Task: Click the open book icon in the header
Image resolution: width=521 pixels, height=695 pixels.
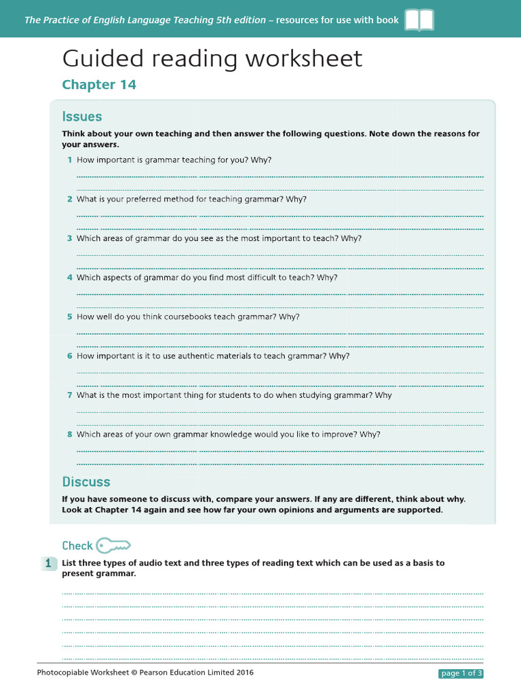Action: [419, 20]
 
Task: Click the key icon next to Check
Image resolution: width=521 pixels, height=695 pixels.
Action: [113, 545]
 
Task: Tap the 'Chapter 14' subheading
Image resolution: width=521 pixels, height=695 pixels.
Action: [99, 84]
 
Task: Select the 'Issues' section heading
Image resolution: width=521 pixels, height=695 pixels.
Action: [82, 116]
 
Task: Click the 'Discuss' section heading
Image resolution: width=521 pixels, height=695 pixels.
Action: [86, 482]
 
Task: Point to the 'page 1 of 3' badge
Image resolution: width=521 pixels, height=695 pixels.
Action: [461, 673]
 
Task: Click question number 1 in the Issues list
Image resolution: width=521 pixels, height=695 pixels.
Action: [69, 160]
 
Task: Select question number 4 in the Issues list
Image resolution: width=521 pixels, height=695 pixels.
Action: [69, 278]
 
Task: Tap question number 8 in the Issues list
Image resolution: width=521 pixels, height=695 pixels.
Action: [69, 434]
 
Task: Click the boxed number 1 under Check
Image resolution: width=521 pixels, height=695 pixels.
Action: [48, 563]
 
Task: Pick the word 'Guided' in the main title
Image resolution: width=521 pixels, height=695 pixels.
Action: [104, 59]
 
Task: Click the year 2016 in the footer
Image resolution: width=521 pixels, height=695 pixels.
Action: [245, 673]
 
